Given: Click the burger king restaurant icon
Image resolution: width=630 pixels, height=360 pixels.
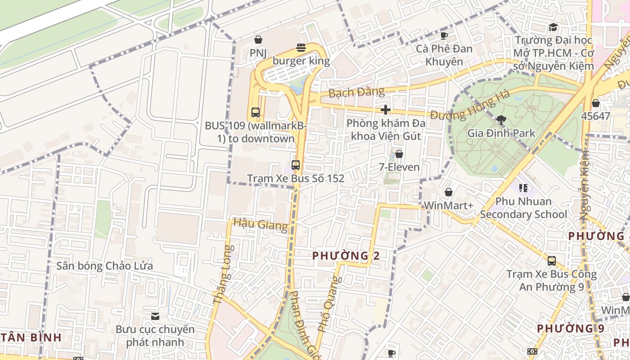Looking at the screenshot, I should click(x=301, y=48).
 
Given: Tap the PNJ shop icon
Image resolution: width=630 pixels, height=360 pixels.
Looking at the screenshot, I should click(x=258, y=40).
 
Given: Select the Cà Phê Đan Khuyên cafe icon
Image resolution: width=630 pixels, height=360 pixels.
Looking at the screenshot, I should click(x=444, y=36).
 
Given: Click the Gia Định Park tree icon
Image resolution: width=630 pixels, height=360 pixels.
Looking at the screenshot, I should click(x=501, y=120).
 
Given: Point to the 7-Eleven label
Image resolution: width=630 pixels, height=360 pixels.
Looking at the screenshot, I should click(x=399, y=167).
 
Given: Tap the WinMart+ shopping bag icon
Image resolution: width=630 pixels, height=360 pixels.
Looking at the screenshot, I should click(x=449, y=192).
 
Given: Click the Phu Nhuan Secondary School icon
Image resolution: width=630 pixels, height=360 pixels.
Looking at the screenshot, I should click(x=523, y=187).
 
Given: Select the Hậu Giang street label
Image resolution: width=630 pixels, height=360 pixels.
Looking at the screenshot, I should click(x=261, y=224).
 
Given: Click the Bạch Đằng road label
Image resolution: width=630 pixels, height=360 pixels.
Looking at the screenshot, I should click(x=356, y=93).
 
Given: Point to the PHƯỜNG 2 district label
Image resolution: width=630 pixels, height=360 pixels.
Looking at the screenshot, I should click(x=346, y=256).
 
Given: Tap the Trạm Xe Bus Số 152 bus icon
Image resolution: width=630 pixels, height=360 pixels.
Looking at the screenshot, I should click(x=296, y=165).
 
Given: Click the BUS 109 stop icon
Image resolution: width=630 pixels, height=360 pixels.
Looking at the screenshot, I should click(x=256, y=112).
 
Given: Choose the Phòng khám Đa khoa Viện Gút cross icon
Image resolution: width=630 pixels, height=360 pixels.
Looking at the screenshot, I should click(x=385, y=109).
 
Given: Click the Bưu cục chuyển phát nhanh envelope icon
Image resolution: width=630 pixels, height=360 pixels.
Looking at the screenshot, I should click(x=155, y=316).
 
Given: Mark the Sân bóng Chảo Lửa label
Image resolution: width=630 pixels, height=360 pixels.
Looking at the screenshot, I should click(x=104, y=265).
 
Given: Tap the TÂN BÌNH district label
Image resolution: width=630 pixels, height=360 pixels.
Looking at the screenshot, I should click(x=31, y=337).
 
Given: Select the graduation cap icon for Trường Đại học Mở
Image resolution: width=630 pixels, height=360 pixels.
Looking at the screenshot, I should click(x=553, y=27).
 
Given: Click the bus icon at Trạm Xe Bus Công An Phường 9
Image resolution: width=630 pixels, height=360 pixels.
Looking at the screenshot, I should click(x=552, y=261).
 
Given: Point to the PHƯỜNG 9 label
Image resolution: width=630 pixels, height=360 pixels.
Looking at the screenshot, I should click(x=571, y=328).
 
